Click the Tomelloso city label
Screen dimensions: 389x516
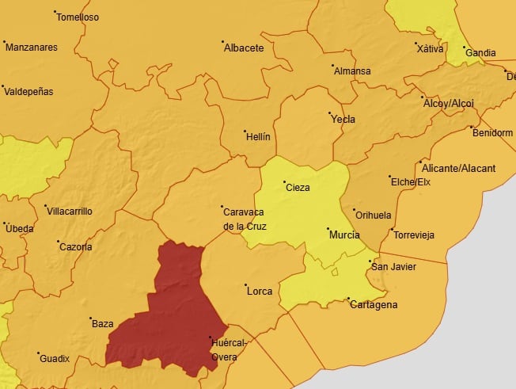click(x=78, y=17)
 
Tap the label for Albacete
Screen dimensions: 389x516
click(x=244, y=48)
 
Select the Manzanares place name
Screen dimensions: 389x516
click(x=31, y=48)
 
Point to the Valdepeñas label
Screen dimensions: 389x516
click(x=28, y=92)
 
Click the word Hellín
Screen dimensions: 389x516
click(x=258, y=137)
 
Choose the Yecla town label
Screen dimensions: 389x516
click(x=343, y=120)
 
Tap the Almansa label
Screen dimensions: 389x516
click(x=352, y=71)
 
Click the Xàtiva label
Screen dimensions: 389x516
click(x=430, y=49)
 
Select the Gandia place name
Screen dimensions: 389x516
click(x=480, y=54)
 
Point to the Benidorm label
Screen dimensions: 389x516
click(x=492, y=133)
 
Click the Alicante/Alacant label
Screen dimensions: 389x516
click(x=459, y=169)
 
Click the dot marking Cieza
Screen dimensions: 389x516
click(x=284, y=181)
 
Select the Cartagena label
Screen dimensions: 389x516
click(x=374, y=305)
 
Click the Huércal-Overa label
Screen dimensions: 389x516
click(x=230, y=349)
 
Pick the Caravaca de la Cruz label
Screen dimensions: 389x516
click(x=245, y=219)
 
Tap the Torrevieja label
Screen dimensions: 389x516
click(x=414, y=235)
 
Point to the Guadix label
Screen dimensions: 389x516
click(x=55, y=359)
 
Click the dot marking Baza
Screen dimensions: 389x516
click(x=90, y=317)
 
